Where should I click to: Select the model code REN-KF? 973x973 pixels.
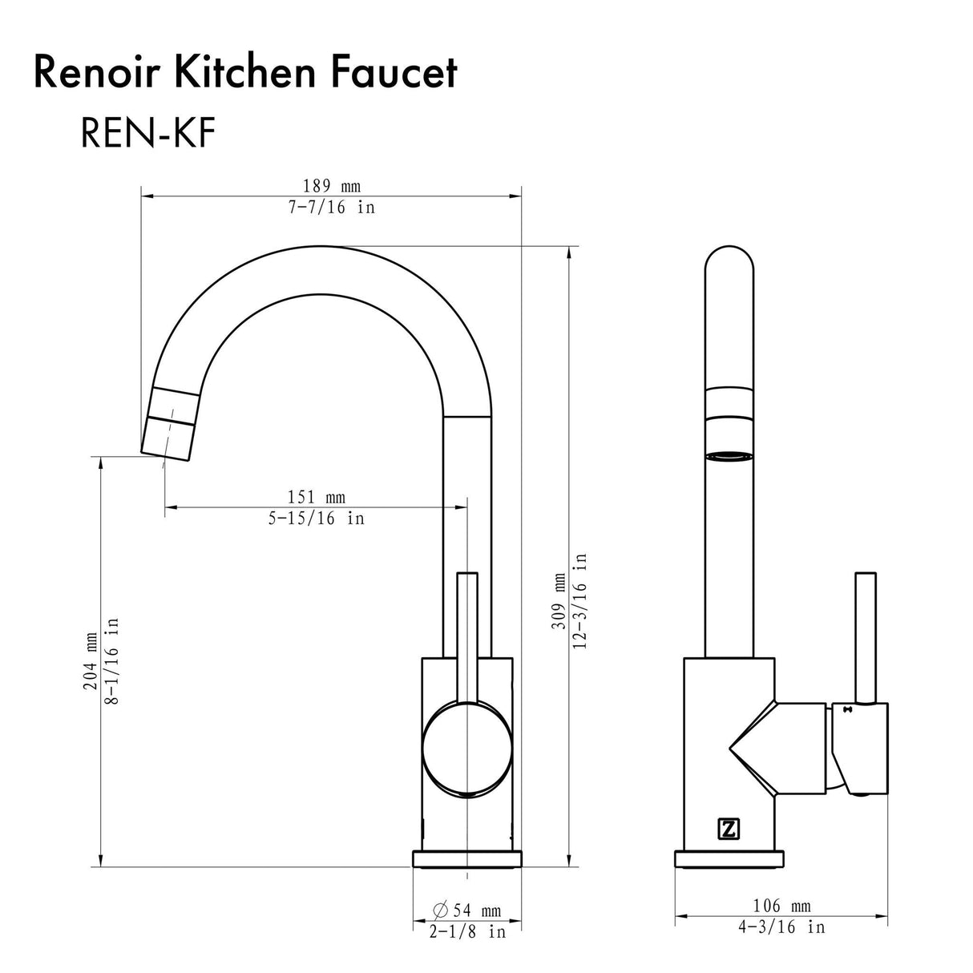pos(147,134)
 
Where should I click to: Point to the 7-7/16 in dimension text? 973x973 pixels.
pos(330,208)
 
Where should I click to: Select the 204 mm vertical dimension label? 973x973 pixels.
pos(91,660)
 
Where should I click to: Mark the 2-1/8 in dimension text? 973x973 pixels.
pos(467,932)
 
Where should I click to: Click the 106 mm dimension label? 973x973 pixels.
pos(781,906)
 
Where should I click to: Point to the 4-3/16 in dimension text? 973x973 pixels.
pos(781,927)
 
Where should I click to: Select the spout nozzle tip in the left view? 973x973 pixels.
pos(168,437)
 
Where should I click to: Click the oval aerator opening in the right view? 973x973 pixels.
pos(729,457)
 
